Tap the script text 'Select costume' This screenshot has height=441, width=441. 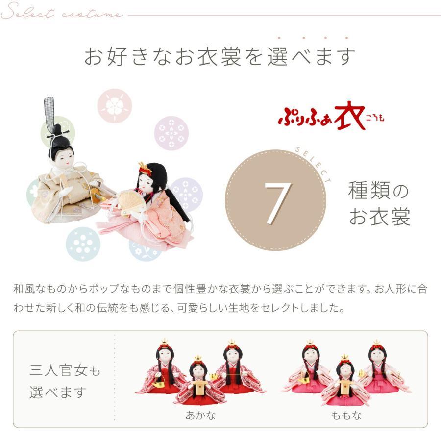click(x=62, y=13)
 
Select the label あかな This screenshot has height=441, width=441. click(x=200, y=416)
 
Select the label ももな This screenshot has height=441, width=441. click(x=346, y=416)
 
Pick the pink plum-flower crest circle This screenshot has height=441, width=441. click(x=115, y=106)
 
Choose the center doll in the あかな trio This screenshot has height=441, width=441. click(x=198, y=382)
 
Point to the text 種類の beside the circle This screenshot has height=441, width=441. click(x=378, y=191)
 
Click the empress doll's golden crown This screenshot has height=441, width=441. click(x=145, y=168)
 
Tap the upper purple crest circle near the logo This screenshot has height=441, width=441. click(x=171, y=133)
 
